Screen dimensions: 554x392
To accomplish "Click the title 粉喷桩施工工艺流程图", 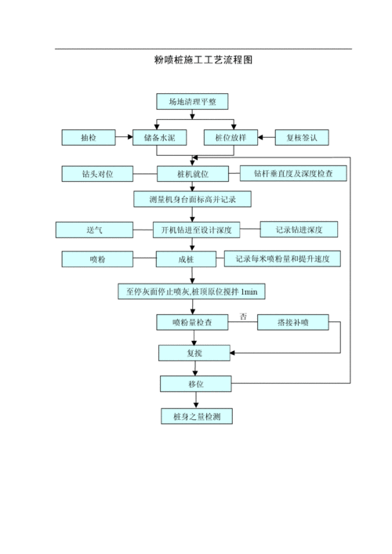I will tap(202, 60).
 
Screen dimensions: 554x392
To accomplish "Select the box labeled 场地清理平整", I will tap(192, 102).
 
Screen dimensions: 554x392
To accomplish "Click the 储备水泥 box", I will tap(159, 138).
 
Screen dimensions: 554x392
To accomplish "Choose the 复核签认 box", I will tap(302, 138).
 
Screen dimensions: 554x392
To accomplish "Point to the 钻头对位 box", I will tap(97, 174).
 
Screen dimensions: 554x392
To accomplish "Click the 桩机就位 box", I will tap(193, 174).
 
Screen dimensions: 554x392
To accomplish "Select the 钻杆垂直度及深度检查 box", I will tap(293, 174).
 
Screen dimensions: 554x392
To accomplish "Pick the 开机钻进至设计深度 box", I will tap(196, 230).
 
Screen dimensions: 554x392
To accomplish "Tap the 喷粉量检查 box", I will tap(194, 322).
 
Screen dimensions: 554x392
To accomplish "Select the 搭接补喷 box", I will tap(293, 322).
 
